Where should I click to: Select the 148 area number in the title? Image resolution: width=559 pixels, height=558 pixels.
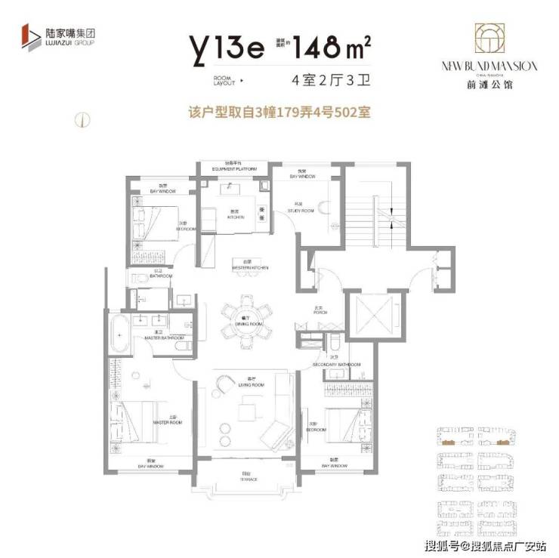pos(323,49)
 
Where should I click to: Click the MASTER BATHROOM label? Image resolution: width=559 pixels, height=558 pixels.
pos(160,338)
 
